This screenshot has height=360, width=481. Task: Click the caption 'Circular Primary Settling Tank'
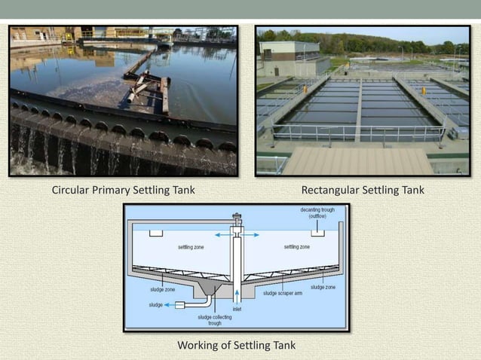click(123, 190)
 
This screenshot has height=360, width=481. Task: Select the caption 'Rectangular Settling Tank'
click(363, 190)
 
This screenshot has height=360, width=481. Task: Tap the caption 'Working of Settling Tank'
click(236, 345)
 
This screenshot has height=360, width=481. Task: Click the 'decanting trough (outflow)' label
click(317, 212)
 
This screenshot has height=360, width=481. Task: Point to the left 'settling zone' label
click(191, 247)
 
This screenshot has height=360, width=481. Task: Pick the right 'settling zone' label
click(296, 246)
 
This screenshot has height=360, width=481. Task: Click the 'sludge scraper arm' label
click(283, 294)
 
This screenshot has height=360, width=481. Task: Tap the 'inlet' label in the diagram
click(237, 309)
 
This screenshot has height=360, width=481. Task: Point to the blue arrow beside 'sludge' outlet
click(170, 305)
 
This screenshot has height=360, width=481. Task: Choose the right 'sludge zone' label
click(323, 287)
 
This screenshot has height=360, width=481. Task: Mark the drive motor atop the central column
click(237, 221)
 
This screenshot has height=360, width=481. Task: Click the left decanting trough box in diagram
click(156, 233)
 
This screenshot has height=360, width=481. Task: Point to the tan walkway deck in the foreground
click(354, 159)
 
